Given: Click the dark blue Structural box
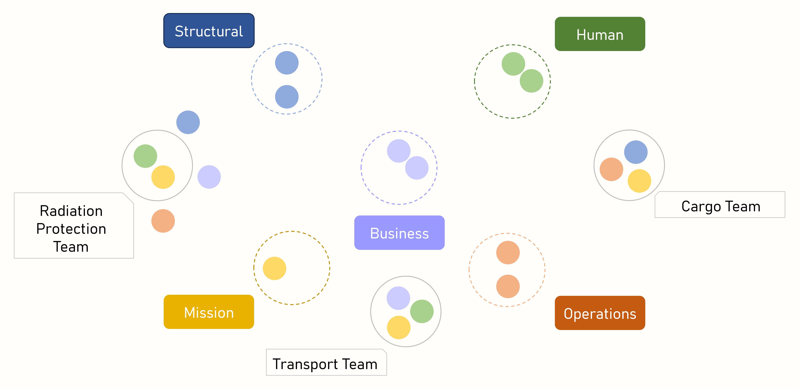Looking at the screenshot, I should (209, 31).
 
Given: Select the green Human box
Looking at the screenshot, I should (600, 34).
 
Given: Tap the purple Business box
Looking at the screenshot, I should (399, 233).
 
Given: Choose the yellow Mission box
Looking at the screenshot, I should (209, 312).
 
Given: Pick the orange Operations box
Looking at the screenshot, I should (600, 313).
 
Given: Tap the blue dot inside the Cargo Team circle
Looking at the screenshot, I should (636, 152).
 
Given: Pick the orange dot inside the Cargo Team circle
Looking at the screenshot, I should (611, 169).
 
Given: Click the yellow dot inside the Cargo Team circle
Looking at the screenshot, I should (639, 181).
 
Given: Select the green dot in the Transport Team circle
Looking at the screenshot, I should (422, 311).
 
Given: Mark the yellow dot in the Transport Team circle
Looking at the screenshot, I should (399, 327).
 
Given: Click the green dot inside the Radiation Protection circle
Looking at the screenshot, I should (145, 156).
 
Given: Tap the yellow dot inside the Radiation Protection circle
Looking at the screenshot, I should (163, 177).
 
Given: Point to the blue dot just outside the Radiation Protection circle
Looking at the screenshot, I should (188, 122).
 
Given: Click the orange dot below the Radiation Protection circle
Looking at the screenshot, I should (163, 221).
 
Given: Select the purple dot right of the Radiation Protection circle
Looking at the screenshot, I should (209, 177).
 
